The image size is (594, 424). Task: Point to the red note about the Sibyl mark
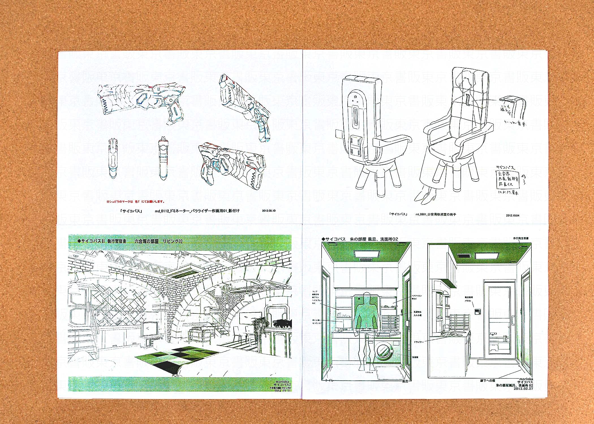point(135,202)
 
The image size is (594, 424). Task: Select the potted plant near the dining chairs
point(260,328)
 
